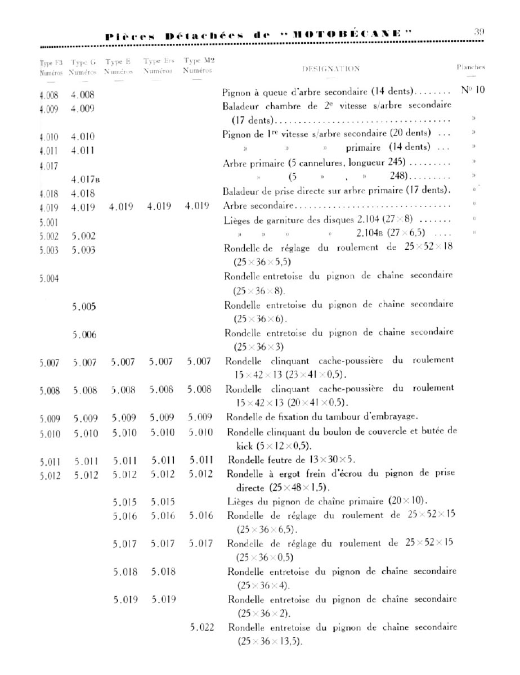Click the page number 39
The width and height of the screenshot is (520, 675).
click(479, 32)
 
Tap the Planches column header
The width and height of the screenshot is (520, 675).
click(470, 67)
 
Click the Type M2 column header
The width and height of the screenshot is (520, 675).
click(199, 61)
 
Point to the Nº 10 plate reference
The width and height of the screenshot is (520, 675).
click(473, 90)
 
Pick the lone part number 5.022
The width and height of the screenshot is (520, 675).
click(202, 627)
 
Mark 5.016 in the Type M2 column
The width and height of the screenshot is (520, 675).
click(201, 516)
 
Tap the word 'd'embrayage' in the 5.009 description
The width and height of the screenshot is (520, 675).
click(387, 417)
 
